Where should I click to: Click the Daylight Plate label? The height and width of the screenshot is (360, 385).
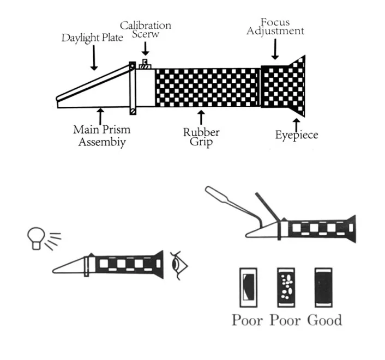(92, 38)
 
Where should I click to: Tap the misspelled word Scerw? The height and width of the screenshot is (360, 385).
(146, 34)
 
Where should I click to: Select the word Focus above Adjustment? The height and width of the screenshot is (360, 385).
(275, 22)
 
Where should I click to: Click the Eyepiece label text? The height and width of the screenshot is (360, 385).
(297, 135)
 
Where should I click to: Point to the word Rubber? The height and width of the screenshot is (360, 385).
(201, 132)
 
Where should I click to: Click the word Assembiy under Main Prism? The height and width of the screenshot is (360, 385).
(102, 142)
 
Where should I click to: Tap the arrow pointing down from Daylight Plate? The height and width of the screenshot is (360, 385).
(94, 58)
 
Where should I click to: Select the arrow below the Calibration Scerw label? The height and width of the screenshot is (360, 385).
(146, 48)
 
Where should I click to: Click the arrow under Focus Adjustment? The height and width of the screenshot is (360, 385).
(275, 49)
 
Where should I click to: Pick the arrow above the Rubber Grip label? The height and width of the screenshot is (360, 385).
(201, 118)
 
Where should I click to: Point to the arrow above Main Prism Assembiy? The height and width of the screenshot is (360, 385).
(100, 117)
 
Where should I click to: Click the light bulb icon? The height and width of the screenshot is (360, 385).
(36, 239)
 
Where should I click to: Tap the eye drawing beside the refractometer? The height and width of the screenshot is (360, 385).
(179, 266)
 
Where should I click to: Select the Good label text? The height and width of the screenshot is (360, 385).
(324, 320)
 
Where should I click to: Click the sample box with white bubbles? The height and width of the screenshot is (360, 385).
(286, 288)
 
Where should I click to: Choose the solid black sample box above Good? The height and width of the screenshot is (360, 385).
(323, 288)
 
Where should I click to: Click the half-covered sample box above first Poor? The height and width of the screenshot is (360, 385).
(249, 288)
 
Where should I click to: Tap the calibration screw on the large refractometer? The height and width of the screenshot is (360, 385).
(145, 64)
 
